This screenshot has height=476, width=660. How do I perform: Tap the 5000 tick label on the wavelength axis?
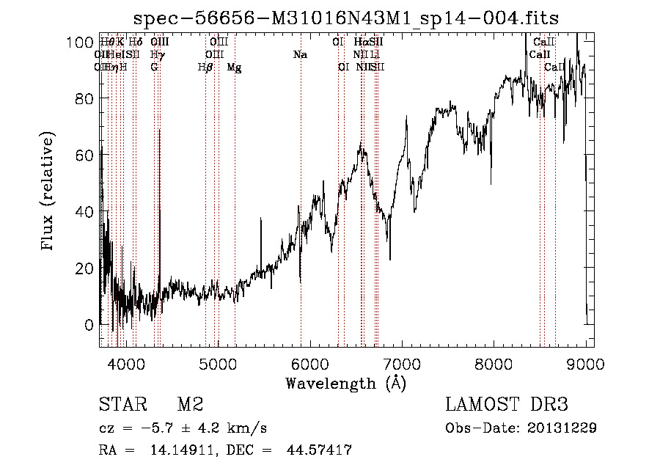click(x=218, y=363)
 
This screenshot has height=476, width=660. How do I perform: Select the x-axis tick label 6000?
click(x=309, y=363)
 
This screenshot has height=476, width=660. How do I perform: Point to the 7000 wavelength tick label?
click(x=402, y=363)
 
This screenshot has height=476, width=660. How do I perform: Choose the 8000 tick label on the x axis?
click(x=494, y=363)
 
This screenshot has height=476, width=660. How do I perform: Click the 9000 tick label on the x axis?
click(x=585, y=363)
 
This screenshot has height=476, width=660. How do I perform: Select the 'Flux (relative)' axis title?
click(x=49, y=192)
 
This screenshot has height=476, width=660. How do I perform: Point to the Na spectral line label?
click(x=299, y=55)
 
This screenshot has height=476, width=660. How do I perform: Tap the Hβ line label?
click(x=205, y=67)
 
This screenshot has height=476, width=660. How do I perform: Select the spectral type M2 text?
click(x=190, y=405)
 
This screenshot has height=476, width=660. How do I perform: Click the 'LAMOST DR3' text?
click(x=507, y=405)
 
